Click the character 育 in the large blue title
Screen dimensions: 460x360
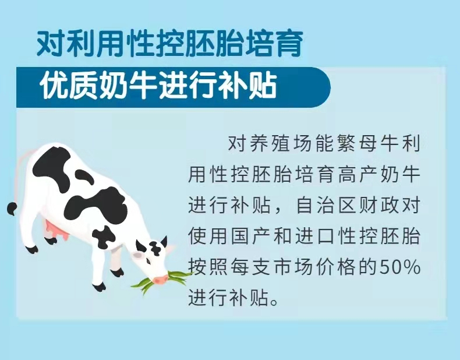click(x=288, y=44)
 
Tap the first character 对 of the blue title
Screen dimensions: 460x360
click(x=51, y=44)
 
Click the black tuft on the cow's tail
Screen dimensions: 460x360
click(x=12, y=209)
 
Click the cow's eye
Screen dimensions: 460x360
click(x=148, y=260)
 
